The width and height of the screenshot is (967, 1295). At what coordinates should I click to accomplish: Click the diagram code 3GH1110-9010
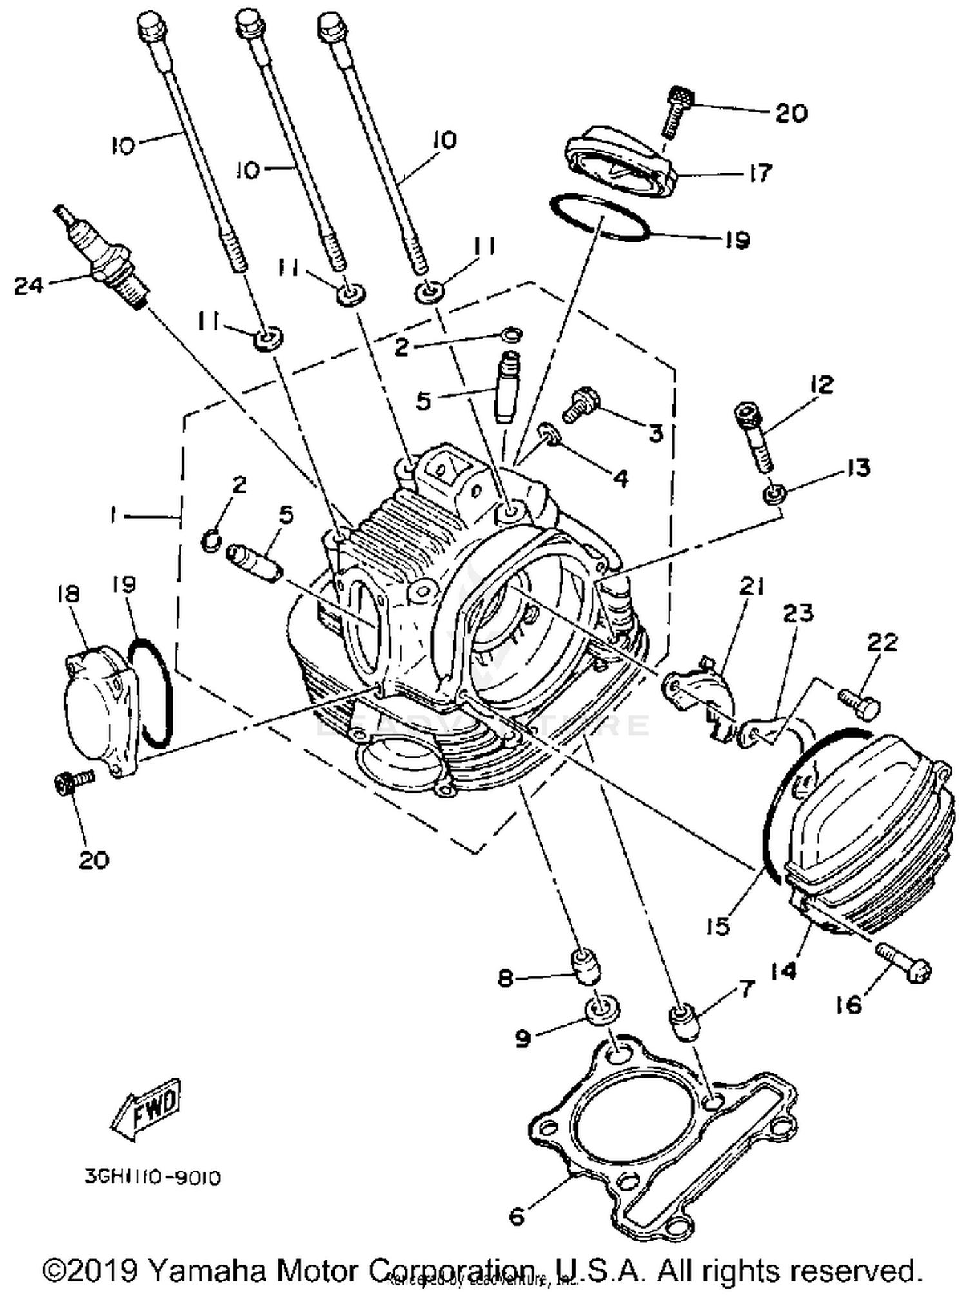(x=153, y=1177)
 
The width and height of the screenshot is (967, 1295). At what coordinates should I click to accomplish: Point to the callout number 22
(x=882, y=642)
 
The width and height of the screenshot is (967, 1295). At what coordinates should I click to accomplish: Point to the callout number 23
(x=798, y=613)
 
